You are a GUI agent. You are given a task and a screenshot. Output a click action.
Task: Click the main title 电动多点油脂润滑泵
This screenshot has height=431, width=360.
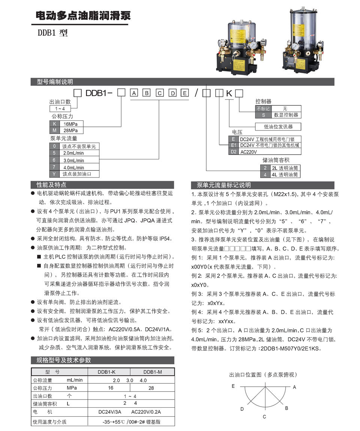click(x=83, y=16)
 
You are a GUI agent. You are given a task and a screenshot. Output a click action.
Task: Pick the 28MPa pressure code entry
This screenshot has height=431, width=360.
click(x=71, y=130)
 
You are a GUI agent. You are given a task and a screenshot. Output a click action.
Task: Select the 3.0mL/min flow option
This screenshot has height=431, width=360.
click(x=73, y=160)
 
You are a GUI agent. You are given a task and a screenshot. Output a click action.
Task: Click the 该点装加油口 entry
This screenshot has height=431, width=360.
click(x=76, y=174)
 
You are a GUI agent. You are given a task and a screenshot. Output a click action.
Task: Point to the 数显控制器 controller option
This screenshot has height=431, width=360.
click(x=286, y=115)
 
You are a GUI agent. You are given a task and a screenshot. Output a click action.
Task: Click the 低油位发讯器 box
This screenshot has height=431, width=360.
click(x=278, y=126)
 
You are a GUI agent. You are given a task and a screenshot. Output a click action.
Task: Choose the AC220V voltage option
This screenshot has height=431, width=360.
click(x=249, y=152)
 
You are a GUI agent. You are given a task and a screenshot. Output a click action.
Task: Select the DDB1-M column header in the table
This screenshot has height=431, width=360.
click(x=152, y=372)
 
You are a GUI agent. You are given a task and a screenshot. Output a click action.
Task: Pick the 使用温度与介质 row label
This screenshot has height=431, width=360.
click(x=49, y=422)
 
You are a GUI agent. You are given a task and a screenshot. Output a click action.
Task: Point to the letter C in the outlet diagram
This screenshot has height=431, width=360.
click(x=264, y=417)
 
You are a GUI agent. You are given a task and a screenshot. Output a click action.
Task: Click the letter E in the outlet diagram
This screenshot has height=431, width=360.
click(x=233, y=386)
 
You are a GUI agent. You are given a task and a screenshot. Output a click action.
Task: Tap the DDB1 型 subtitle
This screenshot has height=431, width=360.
click(x=52, y=33)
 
